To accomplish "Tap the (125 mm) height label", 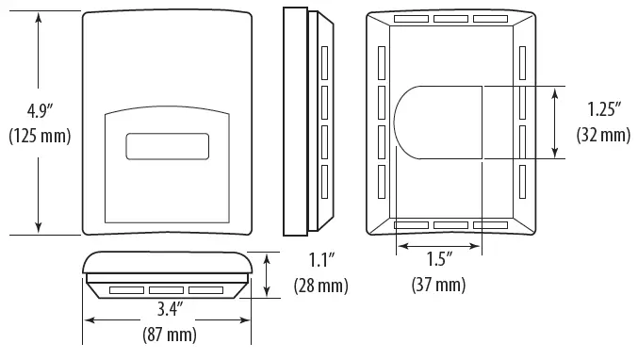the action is point(39,136).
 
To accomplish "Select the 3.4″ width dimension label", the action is point(169,307).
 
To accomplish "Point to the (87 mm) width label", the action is point(169,335).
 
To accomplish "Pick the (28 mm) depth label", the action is point(320,285).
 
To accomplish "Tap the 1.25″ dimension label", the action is point(603,109).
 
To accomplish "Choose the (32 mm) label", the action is point(603,135).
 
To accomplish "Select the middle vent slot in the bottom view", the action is point(167,289).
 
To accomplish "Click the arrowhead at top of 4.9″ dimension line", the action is point(39,17).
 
